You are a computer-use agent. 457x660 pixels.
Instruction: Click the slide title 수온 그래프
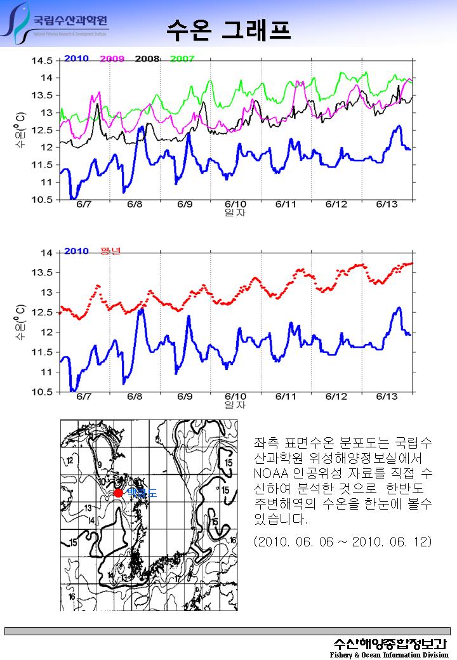tap(228, 29)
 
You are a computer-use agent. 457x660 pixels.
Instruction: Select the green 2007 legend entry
tap(182, 59)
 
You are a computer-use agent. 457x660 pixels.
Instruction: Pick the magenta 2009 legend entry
tap(112, 59)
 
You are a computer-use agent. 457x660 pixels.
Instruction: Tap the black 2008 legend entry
tap(147, 59)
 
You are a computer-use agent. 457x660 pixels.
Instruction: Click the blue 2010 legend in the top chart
tap(76, 59)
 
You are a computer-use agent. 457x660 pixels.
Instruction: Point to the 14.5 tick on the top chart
tap(43, 61)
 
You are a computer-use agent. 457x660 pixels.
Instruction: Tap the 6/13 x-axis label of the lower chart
tap(387, 397)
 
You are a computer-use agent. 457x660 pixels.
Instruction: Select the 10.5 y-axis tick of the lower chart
tap(43, 392)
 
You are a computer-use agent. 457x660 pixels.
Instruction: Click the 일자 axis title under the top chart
tap(235, 213)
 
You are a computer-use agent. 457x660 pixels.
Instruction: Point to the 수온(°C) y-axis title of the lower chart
tap(20, 321)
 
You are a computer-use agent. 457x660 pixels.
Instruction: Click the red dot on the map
tap(119, 492)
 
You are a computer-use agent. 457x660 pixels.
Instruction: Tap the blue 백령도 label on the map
tap(141, 492)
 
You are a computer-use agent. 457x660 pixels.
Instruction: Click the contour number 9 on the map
tap(100, 465)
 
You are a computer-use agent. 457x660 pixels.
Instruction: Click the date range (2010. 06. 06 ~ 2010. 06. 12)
tap(343, 541)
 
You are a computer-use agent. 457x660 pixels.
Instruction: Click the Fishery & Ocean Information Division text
tap(389, 654)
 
